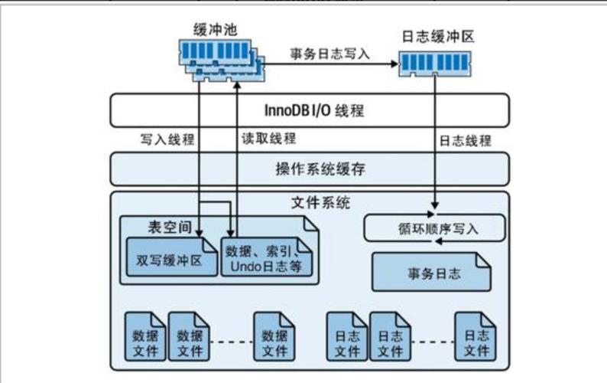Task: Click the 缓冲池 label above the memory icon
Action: coord(216,29)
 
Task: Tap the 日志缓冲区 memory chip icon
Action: coord(434,61)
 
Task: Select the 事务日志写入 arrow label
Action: coord(329,54)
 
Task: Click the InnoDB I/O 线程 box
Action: coord(309,110)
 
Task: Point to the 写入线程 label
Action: coord(167,139)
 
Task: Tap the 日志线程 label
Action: coord(465,141)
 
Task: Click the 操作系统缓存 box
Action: coord(309,169)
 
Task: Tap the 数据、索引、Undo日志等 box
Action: coord(266,257)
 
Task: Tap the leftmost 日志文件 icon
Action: coord(347,336)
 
